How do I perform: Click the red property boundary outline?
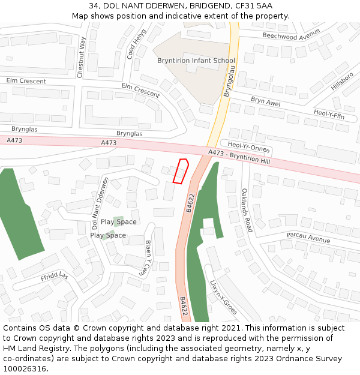pyautogui.click(x=181, y=170)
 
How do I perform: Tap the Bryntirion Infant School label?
pyautogui.click(x=196, y=61)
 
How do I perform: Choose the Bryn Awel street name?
pyautogui.click(x=265, y=102)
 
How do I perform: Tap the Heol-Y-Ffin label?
pyautogui.click(x=329, y=113)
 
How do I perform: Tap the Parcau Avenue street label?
pyautogui.click(x=308, y=238)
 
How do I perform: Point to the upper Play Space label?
pyautogui.click(x=118, y=222)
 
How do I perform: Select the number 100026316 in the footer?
pyautogui.click(x=25, y=368)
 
